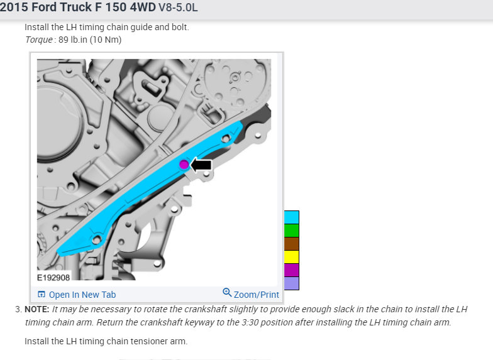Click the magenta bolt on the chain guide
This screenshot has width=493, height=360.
[184, 165]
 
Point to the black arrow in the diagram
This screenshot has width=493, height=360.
[201, 165]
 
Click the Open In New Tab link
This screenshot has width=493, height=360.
[77, 295]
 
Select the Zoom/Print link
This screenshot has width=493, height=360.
[257, 295]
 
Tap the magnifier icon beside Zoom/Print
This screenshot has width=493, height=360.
[227, 293]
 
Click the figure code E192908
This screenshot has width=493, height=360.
[53, 278]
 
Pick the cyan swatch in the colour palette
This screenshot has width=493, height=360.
[292, 217]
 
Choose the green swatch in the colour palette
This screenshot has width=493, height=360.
[292, 230]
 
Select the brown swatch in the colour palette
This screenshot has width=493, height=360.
[292, 244]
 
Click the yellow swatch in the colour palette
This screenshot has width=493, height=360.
[292, 256]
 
